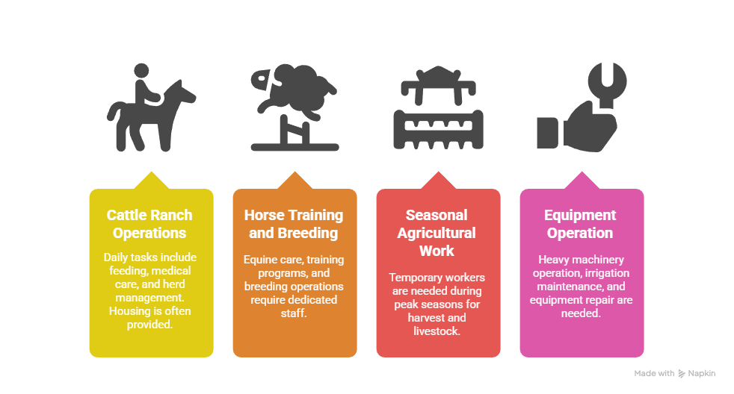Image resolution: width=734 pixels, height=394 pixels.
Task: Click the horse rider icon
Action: (x=151, y=112)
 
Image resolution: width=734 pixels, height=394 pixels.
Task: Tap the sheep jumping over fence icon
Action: (x=294, y=107)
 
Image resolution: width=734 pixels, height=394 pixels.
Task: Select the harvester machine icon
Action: (x=438, y=107)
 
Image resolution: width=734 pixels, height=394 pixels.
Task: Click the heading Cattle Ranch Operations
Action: (x=149, y=224)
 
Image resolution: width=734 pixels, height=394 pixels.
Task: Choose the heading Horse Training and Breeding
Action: (x=294, y=224)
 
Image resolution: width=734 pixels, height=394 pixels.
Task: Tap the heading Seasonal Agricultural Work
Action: (x=437, y=233)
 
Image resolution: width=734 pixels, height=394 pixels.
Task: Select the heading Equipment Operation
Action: (x=580, y=224)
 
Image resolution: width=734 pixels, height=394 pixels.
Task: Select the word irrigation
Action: (x=607, y=273)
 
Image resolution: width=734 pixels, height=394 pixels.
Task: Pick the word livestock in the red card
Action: (x=437, y=331)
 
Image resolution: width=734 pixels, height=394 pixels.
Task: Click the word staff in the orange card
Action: (x=294, y=313)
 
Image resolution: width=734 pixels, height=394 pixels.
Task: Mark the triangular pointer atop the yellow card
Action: (x=151, y=181)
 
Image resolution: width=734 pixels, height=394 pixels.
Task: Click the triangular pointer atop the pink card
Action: (x=582, y=181)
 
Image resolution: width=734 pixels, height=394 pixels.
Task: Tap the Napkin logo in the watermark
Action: (x=682, y=373)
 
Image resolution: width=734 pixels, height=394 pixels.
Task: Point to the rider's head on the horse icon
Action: (x=141, y=71)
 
